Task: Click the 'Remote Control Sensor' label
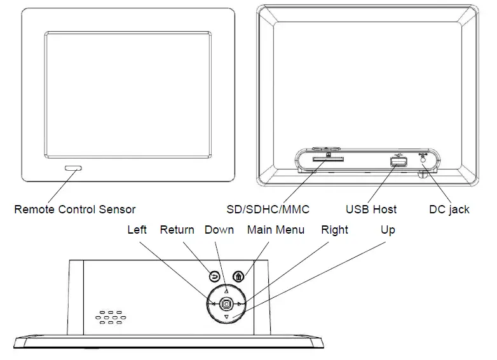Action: tap(74, 209)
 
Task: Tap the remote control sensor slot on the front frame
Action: tap(72, 168)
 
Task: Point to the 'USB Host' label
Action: tap(371, 209)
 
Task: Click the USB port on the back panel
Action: tap(398, 163)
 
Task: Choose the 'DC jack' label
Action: tap(449, 209)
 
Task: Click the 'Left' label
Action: tap(137, 230)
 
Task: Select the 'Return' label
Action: tap(177, 230)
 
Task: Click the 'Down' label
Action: tap(219, 230)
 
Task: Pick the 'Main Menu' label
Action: tap(276, 230)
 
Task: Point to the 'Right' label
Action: tap(334, 230)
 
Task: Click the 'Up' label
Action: tap(388, 230)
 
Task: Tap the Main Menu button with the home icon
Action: tap(238, 277)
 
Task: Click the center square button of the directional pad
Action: tap(226, 304)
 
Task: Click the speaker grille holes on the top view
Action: tap(109, 317)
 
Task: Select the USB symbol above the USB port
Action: tap(398, 153)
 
